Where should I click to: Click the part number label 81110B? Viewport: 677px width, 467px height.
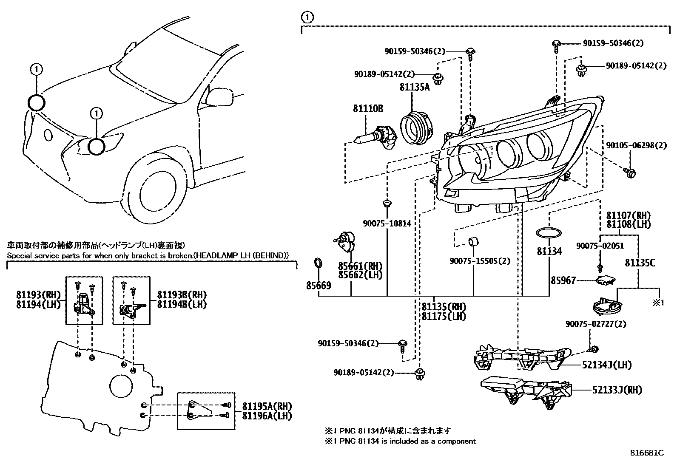368,109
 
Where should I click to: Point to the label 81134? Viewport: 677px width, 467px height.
549,252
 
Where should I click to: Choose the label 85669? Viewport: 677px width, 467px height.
319,286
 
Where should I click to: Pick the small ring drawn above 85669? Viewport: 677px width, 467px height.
318,263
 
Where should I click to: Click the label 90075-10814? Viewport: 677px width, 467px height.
387,224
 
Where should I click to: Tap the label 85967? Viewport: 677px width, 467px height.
563,280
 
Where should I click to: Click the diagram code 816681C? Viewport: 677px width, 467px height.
647,453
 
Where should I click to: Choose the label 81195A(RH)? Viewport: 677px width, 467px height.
267,406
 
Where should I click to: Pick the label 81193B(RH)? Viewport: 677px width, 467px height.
182,295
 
